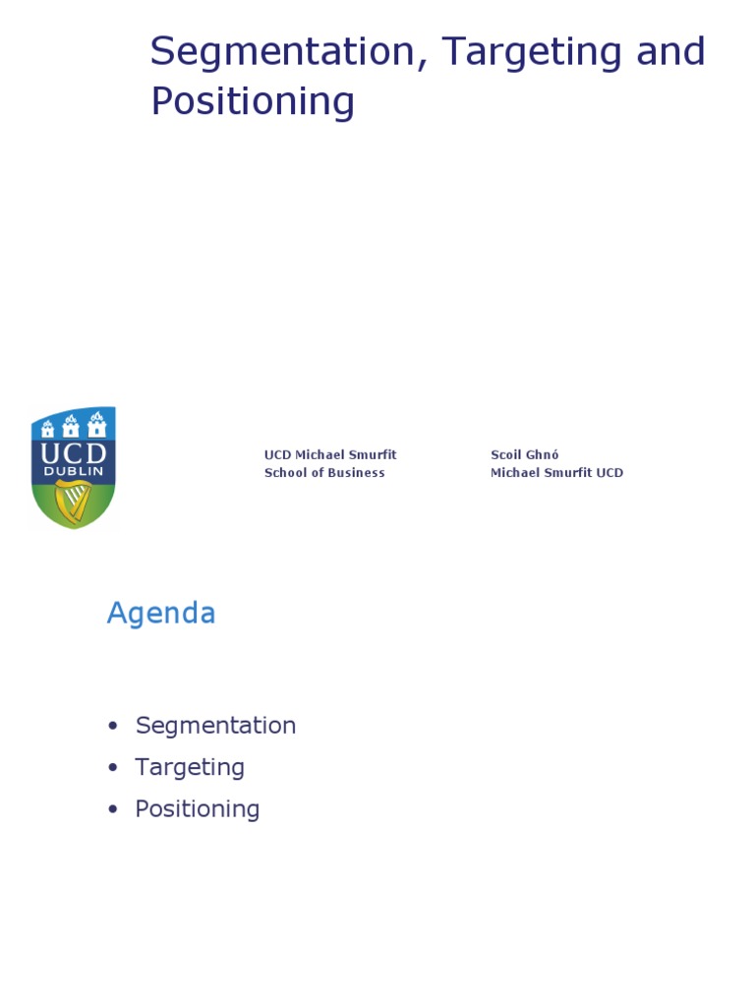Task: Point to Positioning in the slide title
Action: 253,101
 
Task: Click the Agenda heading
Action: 161,614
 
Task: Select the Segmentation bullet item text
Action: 215,726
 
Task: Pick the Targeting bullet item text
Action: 190,767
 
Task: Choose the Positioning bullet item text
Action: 198,809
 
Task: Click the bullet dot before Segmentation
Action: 113,727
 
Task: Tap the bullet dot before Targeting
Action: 113,768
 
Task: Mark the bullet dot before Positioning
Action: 113,810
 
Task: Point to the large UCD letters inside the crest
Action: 74,453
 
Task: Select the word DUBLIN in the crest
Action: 74,472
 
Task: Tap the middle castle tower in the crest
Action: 71,425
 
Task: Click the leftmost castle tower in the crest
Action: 47,428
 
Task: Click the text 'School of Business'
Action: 324,473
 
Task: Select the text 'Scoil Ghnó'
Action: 524,455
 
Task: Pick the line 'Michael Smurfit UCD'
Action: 556,473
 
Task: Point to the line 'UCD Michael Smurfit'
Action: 330,455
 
